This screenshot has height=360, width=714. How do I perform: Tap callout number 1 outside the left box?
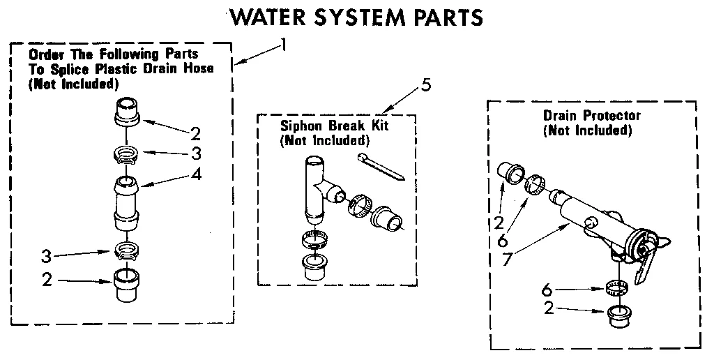click(x=283, y=45)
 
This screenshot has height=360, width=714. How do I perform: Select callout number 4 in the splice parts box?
click(x=197, y=174)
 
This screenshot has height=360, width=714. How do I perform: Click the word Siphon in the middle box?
click(x=299, y=127)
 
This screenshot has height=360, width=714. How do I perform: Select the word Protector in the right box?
click(x=612, y=115)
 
